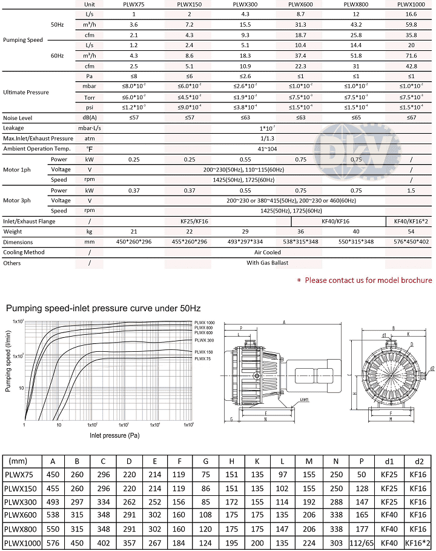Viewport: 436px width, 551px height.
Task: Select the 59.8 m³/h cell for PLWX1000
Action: pos(411,25)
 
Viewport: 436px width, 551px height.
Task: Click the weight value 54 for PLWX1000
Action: pos(411,232)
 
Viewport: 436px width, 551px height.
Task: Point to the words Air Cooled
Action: pos(267,252)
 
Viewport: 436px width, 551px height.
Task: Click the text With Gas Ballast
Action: pos(267,263)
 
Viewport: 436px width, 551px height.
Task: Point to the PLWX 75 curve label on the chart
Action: pos(202,359)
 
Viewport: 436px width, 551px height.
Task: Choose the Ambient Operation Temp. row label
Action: pos(37,149)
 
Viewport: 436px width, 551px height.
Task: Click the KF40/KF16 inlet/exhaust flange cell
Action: pos(334,222)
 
